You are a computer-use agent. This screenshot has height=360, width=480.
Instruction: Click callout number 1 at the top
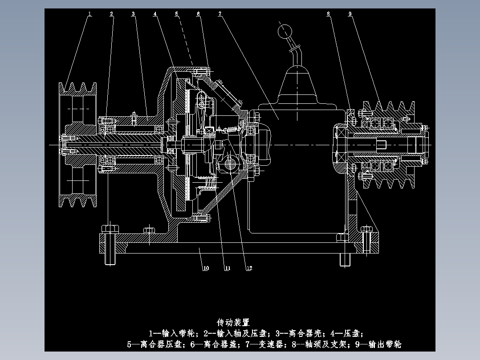tap(89, 14)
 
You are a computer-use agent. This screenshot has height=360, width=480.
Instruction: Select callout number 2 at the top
tap(112, 14)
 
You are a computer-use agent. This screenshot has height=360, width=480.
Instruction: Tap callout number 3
tap(133, 14)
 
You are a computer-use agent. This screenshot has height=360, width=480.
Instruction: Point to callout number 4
tap(155, 14)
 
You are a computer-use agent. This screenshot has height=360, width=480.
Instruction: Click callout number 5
tap(177, 14)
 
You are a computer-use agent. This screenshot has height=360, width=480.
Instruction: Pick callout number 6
tap(199, 14)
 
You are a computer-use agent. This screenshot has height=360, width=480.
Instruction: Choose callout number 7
tap(220, 14)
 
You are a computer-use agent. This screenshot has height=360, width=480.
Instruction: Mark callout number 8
tap(329, 14)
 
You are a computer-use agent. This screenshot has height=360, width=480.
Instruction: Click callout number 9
tap(350, 14)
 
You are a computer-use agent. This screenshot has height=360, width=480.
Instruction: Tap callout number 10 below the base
tap(206, 268)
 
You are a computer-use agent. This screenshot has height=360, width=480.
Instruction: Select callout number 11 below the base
tap(227, 268)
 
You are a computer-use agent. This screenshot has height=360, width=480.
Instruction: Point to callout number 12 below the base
tap(249, 268)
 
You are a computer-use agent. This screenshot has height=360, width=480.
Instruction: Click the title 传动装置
tap(233, 322)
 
